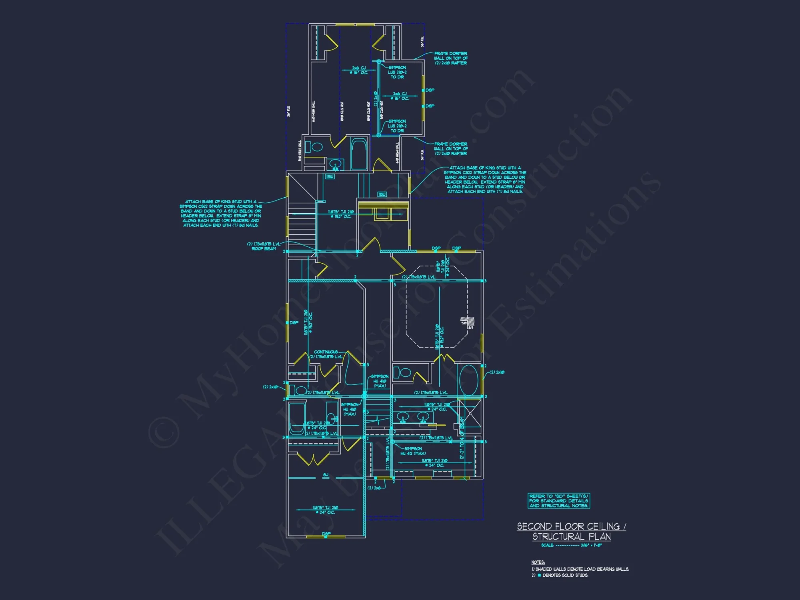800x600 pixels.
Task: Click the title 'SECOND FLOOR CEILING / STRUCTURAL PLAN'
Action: pyautogui.click(x=571, y=531)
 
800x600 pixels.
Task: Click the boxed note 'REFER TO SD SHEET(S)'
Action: pyautogui.click(x=559, y=501)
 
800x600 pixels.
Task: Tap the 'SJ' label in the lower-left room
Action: pyautogui.click(x=326, y=475)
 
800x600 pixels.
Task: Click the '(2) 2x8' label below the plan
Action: pyautogui.click(x=374, y=488)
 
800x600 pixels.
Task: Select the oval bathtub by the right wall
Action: pyautogui.click(x=468, y=380)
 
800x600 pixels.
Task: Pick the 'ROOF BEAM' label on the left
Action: pyautogui.click(x=264, y=249)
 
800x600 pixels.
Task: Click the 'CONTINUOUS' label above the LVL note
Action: pyautogui.click(x=326, y=352)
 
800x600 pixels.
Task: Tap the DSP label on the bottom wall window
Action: pyautogui.click(x=326, y=534)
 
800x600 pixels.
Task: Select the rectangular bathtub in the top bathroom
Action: pyautogui.click(x=359, y=154)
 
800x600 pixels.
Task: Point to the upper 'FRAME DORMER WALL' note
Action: pyautogui.click(x=451, y=58)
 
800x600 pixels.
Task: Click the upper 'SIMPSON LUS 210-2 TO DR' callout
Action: pyautogui.click(x=397, y=72)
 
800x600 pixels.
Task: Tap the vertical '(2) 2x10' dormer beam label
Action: pyautogui.click(x=376, y=98)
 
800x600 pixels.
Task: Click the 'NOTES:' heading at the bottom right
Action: pyautogui.click(x=538, y=562)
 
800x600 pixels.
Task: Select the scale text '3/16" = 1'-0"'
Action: pyautogui.click(x=591, y=545)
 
